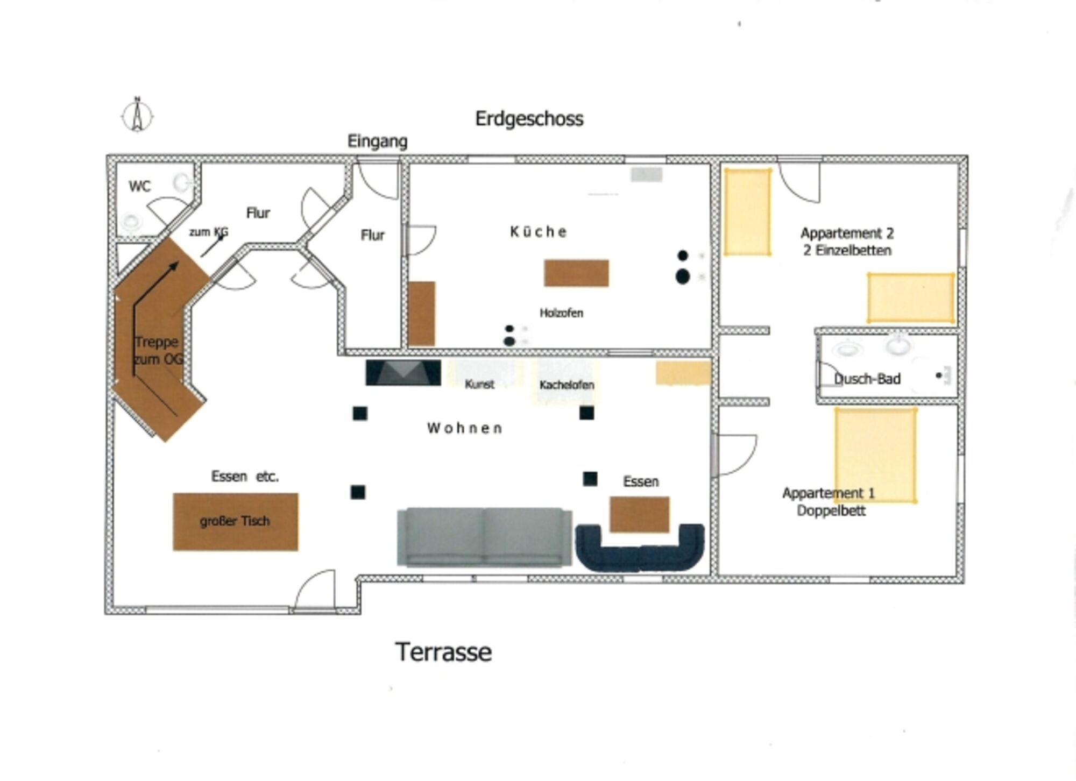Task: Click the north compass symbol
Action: tap(137, 115)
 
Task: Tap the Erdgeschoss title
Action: tap(529, 119)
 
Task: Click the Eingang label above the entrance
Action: tap(377, 141)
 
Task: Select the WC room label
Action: tap(139, 187)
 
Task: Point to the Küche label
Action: tap(538, 232)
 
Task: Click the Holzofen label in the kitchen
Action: tap(561, 313)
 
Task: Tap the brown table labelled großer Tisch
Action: tap(235, 521)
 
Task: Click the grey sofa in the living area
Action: tap(484, 537)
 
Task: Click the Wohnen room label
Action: tap(465, 429)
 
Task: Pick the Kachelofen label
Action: tap(567, 385)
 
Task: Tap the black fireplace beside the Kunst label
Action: tap(403, 373)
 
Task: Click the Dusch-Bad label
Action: tap(867, 379)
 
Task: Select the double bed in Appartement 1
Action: tap(875, 455)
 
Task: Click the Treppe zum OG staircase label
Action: tap(158, 350)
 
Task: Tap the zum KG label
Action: tap(208, 232)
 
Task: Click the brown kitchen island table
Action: tap(576, 273)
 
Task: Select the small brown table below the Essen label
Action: tap(639, 514)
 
